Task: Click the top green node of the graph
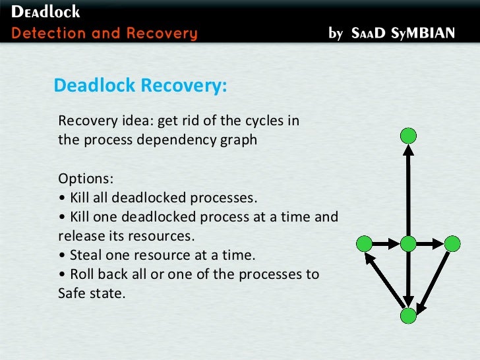coord(409,136)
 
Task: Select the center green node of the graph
coord(408,243)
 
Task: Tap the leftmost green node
coord(364,244)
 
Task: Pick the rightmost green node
coord(452,243)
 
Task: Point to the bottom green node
coord(409,316)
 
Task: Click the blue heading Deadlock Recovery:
coord(140,86)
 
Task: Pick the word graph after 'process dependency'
coord(239,140)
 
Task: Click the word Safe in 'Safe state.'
coord(72,293)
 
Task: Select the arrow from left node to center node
coord(386,244)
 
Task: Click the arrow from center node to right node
coord(430,244)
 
